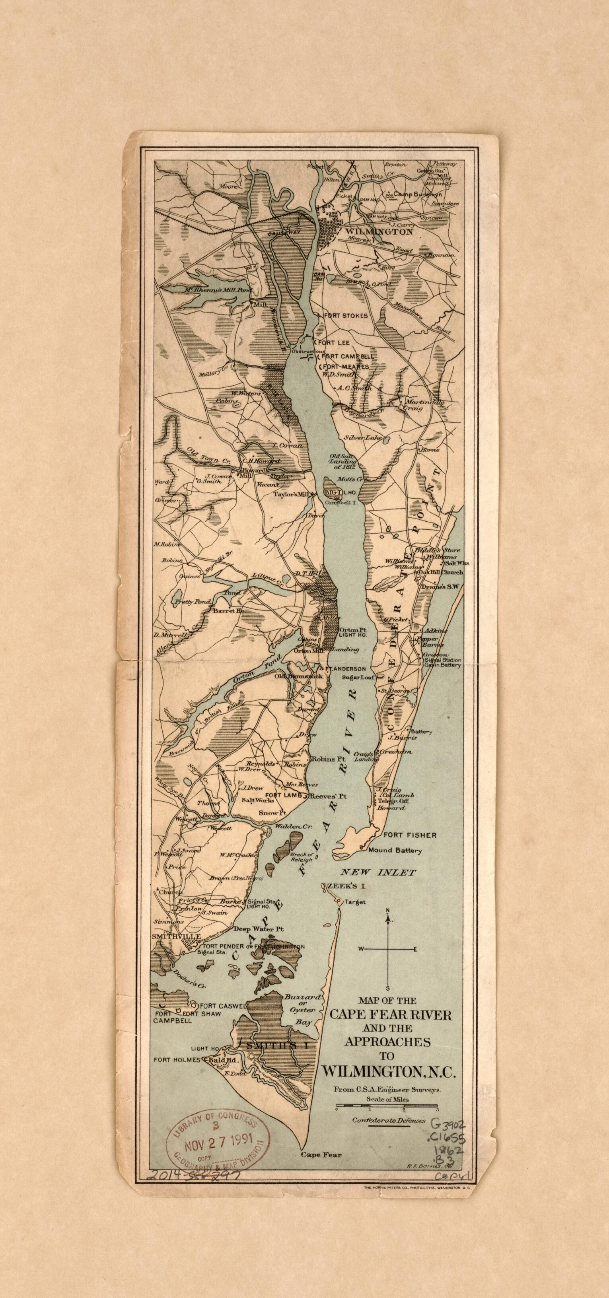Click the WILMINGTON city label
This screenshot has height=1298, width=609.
coord(379,232)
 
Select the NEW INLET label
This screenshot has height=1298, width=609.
coord(379,872)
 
